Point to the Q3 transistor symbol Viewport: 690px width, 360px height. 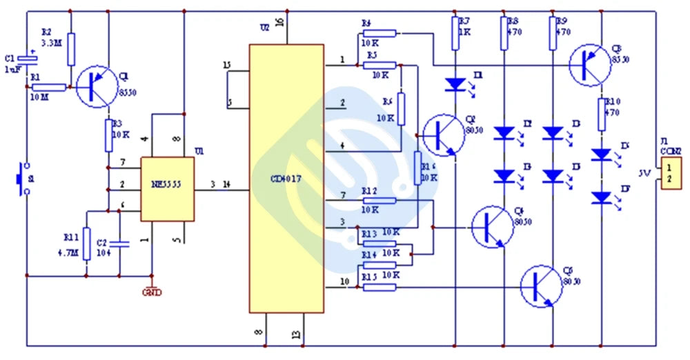tap(591, 63)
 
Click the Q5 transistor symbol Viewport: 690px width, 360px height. tap(541, 286)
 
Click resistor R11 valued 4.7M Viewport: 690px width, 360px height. tap(86, 244)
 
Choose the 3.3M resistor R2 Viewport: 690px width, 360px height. tap(70, 49)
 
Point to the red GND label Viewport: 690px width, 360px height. tap(152, 292)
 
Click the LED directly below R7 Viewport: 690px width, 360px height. tap(455, 84)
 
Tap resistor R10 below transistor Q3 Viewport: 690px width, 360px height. tap(601, 114)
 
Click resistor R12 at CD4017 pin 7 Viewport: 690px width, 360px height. tap(379, 200)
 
